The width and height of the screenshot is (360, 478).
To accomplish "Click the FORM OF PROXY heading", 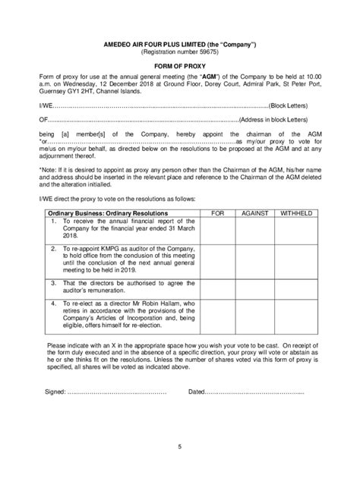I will click(179, 65).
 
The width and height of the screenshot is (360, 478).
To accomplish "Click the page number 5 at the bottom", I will click(179, 448).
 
